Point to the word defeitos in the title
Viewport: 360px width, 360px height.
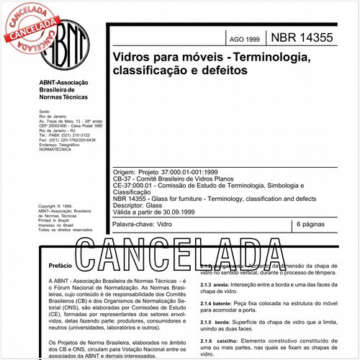[x=223, y=71]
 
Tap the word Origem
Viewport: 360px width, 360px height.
[x=125, y=173]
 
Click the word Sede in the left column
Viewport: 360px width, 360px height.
[x=44, y=113]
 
